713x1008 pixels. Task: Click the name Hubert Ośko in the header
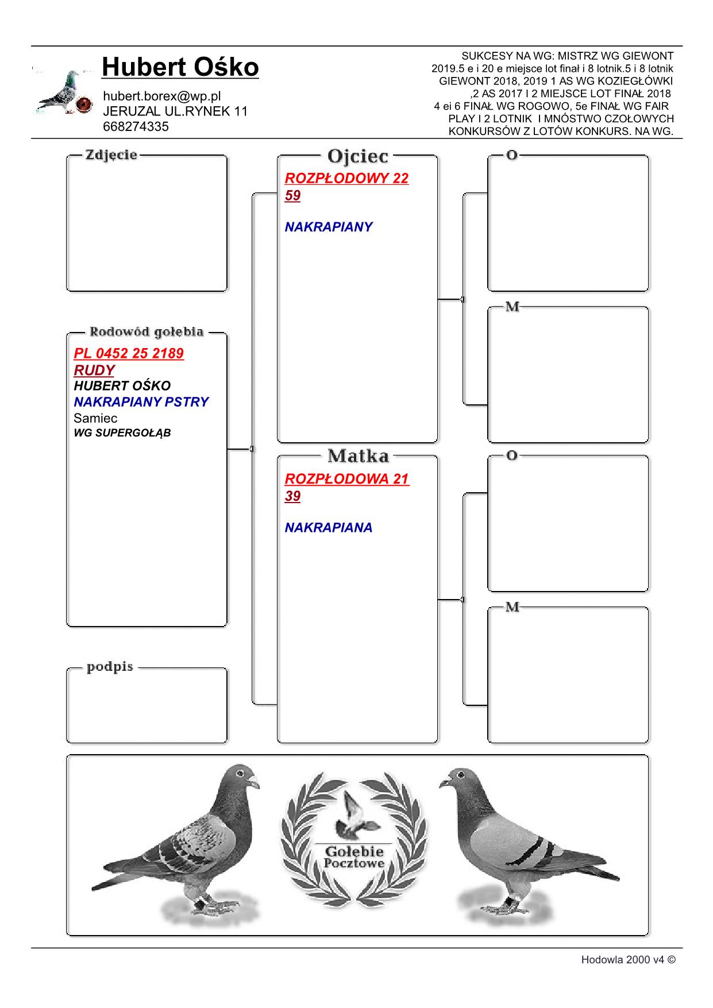(180, 67)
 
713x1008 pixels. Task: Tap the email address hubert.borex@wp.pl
(161, 96)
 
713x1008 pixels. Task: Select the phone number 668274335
(136, 127)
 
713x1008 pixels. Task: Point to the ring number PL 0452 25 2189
(129, 353)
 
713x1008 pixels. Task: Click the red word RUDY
(94, 370)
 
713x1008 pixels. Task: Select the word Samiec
(95, 418)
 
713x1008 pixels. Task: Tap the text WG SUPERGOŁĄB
(122, 433)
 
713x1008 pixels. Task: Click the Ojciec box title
(357, 156)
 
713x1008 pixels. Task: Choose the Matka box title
(357, 456)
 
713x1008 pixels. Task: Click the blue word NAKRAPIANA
(328, 528)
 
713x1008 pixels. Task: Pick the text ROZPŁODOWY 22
(346, 178)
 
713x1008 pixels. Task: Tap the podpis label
(110, 667)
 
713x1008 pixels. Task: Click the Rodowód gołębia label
(147, 332)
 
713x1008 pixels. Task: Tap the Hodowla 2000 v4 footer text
(628, 960)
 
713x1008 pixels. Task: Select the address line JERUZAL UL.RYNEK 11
(175, 111)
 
